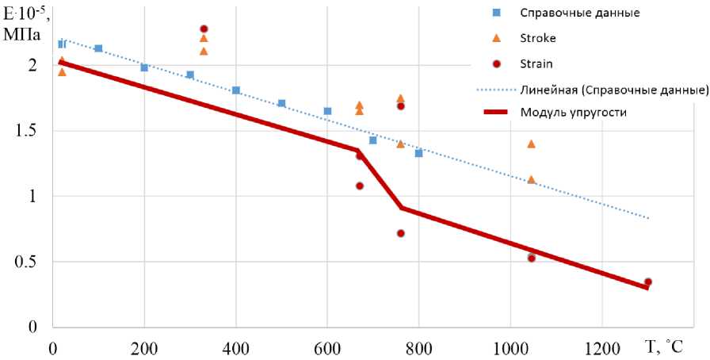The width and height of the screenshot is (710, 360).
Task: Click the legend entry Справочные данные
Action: click(x=569, y=13)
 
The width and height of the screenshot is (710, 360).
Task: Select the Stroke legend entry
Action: click(x=539, y=38)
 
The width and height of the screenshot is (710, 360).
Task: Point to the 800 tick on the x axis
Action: click(x=418, y=347)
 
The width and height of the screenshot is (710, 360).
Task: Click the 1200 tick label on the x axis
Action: click(x=601, y=347)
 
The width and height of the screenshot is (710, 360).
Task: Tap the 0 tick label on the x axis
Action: click(x=52, y=347)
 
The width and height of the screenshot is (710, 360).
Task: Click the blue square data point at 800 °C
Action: click(x=418, y=153)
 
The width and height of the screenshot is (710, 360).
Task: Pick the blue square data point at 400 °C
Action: click(x=236, y=90)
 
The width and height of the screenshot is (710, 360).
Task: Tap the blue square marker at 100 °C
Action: click(x=98, y=48)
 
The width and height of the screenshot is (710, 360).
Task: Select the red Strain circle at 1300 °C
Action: click(x=647, y=282)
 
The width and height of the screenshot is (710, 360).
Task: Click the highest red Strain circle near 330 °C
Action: click(x=204, y=29)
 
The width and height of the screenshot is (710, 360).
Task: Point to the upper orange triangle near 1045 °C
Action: click(x=531, y=144)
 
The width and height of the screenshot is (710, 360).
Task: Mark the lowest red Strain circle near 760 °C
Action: click(x=401, y=233)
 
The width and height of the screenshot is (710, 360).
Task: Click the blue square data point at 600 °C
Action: click(x=327, y=111)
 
